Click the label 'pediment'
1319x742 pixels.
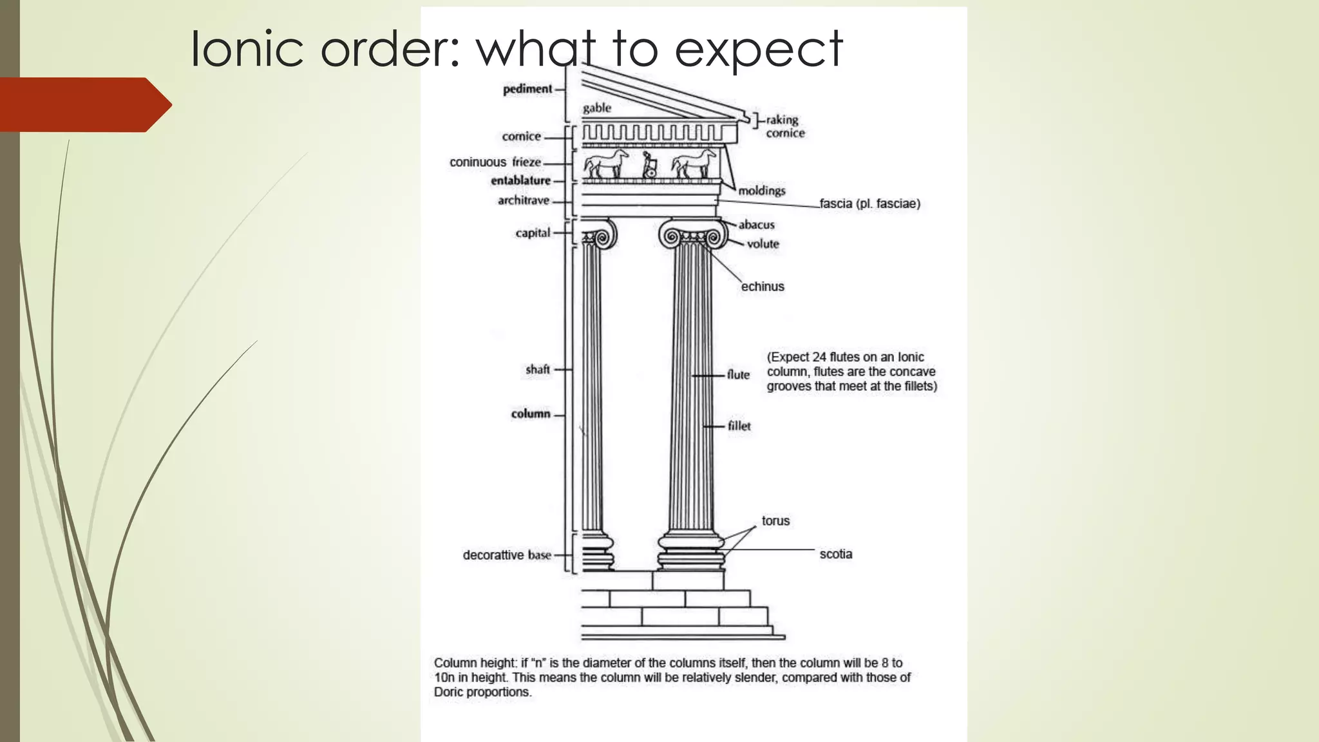click(527, 89)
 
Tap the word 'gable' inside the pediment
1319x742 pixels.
click(597, 108)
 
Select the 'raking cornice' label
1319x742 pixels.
click(784, 126)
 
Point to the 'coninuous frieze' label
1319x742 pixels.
click(495, 162)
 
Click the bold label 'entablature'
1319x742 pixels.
click(520, 181)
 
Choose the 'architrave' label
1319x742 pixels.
click(523, 200)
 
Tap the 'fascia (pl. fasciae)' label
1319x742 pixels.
click(869, 204)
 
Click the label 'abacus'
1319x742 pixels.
click(756, 225)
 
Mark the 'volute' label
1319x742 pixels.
click(763, 244)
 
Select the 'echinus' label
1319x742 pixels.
click(763, 287)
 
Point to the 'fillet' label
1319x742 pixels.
click(739, 426)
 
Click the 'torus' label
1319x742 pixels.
click(775, 520)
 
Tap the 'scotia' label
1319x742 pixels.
click(835, 554)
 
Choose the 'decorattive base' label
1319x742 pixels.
click(507, 555)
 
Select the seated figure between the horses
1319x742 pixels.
click(649, 165)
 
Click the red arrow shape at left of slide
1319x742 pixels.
click(84, 105)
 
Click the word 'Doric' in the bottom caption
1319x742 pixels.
click(449, 692)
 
